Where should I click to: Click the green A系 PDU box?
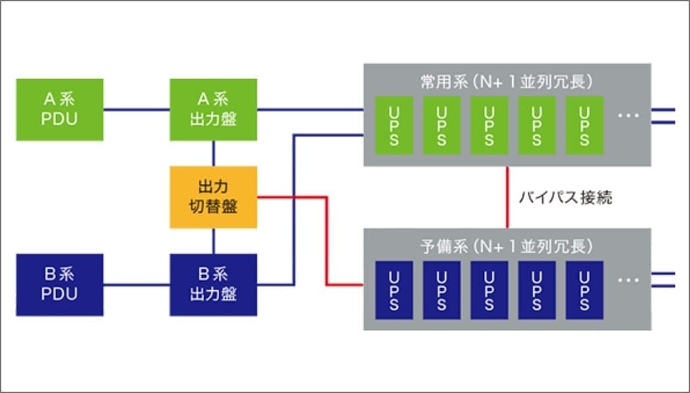pos(60,109)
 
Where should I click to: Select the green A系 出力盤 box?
pos(213,109)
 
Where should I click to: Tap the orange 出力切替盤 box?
pos(213,197)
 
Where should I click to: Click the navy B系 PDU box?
pos(60,285)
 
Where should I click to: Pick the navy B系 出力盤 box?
pos(213,285)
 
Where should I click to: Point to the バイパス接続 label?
pos(566,197)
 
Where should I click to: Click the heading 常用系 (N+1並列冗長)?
pos(507,82)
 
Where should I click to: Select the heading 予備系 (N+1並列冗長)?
pos(507,247)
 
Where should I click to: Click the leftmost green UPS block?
pos(394,125)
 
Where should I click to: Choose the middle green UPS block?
pos(489,125)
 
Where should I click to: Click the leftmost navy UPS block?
pos(394,290)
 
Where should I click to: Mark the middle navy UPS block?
pos(489,290)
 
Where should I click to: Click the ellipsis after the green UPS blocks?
pos(629,115)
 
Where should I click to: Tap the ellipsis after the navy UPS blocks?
pos(629,280)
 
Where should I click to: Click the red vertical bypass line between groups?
pos(508,197)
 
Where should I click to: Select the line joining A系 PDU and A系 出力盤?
pos(136,109)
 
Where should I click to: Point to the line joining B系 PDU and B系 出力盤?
pos(136,285)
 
